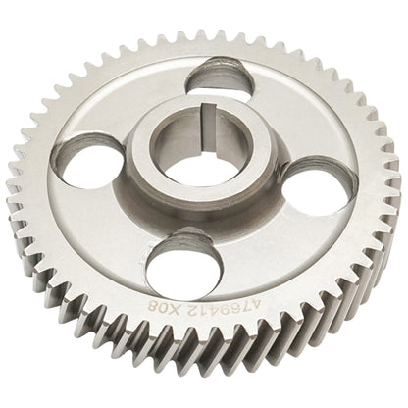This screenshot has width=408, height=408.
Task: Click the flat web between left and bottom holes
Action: click(108, 235)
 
